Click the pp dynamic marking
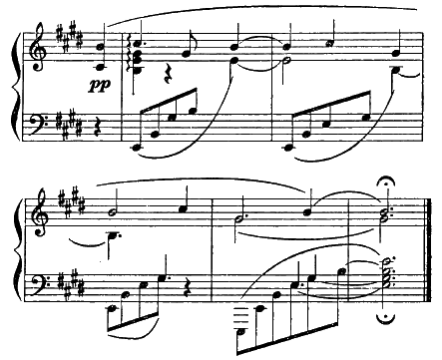99,86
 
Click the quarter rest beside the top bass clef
96,128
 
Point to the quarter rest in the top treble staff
168,75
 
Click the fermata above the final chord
386,181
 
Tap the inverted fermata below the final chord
386,318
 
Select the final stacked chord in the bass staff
387,273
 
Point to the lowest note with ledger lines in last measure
242,331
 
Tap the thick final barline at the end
429,250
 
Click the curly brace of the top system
15,86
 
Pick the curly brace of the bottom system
15,250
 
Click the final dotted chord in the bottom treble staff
387,215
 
